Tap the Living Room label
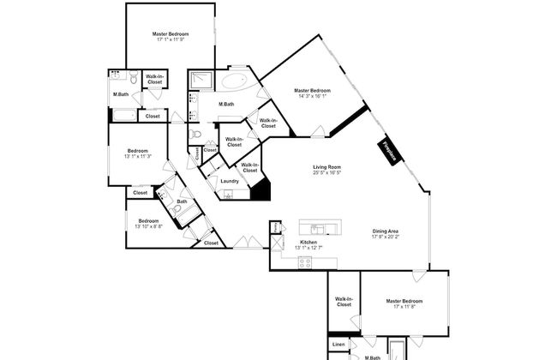pyautogui.click(x=327, y=167)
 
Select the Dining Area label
pyautogui.click(x=385, y=231)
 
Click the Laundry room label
pyautogui.click(x=229, y=181)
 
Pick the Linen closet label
pyautogui.click(x=339, y=345)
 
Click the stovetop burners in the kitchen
pyautogui.click(x=305, y=263)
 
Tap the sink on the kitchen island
pyautogui.click(x=318, y=229)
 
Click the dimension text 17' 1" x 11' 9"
pyautogui.click(x=171, y=39)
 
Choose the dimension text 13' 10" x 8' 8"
pyautogui.click(x=149, y=226)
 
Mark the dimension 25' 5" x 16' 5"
pyautogui.click(x=327, y=173)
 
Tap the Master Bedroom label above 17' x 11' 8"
pyautogui.click(x=405, y=301)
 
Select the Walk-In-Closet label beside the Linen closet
pyautogui.click(x=344, y=302)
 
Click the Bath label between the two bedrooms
pyautogui.click(x=182, y=202)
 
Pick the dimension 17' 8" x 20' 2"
pyautogui.click(x=385, y=237)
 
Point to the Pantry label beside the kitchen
pyautogui.click(x=275, y=227)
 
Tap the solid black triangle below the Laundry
pyautogui.click(x=263, y=191)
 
